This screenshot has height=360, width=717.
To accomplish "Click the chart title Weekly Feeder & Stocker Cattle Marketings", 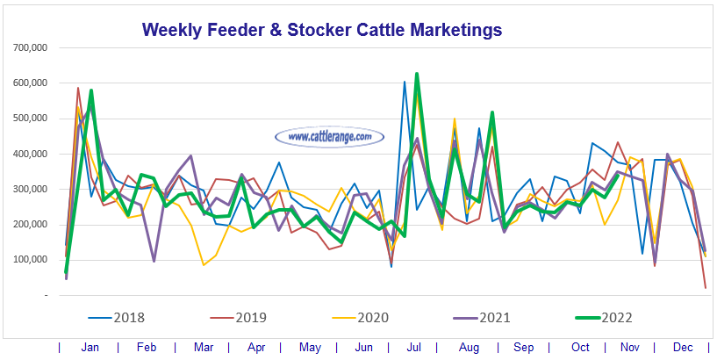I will [322, 30].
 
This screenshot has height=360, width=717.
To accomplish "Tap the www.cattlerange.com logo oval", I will [330, 137].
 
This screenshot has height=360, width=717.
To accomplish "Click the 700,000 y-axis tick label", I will [29, 47].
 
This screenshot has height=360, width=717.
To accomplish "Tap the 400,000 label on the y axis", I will [29, 154].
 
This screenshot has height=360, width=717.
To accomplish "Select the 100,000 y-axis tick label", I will [29, 260].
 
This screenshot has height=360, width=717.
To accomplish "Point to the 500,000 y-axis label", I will [29, 119].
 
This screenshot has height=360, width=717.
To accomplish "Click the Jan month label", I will [90, 347].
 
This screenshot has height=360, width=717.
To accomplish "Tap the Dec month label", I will [681, 347].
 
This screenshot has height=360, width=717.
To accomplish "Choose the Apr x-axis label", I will [255, 347].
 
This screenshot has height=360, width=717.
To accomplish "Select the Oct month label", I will [580, 347].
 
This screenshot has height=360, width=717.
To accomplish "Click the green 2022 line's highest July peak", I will [417, 74].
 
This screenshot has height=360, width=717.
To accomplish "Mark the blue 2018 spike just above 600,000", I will [405, 82].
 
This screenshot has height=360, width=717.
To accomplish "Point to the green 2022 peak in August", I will [492, 112].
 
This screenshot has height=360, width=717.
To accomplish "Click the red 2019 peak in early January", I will [78, 88].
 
